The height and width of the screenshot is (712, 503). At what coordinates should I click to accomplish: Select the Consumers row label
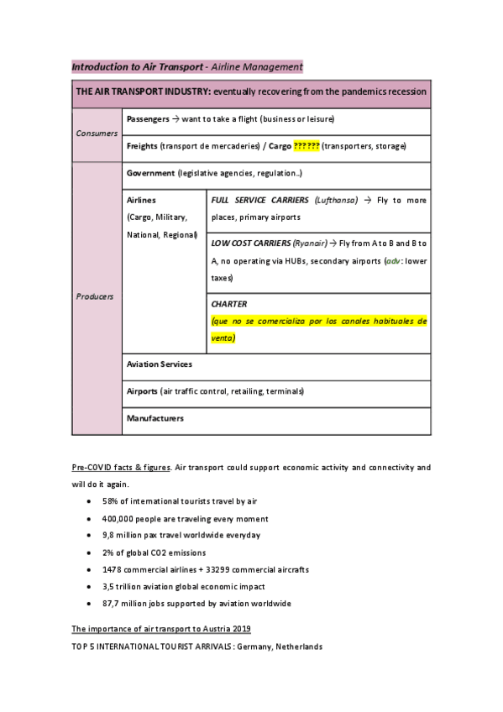[97, 133]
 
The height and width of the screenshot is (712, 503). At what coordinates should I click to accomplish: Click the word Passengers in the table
[148, 119]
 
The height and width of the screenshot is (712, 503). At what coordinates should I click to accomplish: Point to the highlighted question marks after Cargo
[307, 146]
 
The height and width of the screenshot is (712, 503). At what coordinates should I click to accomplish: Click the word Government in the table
[150, 173]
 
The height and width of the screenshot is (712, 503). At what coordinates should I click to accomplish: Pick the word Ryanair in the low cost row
[310, 243]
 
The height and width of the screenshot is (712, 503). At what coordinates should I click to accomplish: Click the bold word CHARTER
[229, 304]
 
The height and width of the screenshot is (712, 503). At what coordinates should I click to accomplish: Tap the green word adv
[391, 260]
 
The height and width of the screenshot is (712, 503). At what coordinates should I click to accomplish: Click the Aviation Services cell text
[160, 364]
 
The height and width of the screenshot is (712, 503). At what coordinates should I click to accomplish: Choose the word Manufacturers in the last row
[155, 418]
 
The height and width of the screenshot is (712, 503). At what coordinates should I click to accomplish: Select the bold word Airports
[142, 391]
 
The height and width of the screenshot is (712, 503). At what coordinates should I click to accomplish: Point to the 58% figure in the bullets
[112, 501]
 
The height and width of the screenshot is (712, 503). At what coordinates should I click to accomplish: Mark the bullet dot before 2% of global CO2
[89, 552]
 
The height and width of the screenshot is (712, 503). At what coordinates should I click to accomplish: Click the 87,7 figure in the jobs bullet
[113, 604]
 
